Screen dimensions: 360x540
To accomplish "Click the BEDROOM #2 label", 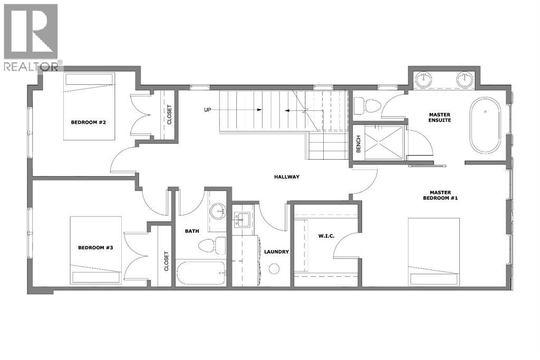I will [x=89, y=122].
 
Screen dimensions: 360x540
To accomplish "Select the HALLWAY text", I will [x=286, y=177].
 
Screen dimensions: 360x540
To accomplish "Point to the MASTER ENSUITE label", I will [x=439, y=117].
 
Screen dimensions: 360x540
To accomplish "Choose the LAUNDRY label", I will [x=276, y=252].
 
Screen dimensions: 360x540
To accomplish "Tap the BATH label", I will [x=191, y=231].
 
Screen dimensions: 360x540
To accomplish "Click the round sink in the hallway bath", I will [x=217, y=212].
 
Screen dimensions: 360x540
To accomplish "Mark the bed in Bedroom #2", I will [x=89, y=106].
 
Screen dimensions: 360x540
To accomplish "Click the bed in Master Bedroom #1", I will [x=433, y=252].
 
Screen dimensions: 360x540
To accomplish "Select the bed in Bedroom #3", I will [x=96, y=250].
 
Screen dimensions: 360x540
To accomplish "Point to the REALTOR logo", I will [x=32, y=37].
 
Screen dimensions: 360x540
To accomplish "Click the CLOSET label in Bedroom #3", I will [x=166, y=260].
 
